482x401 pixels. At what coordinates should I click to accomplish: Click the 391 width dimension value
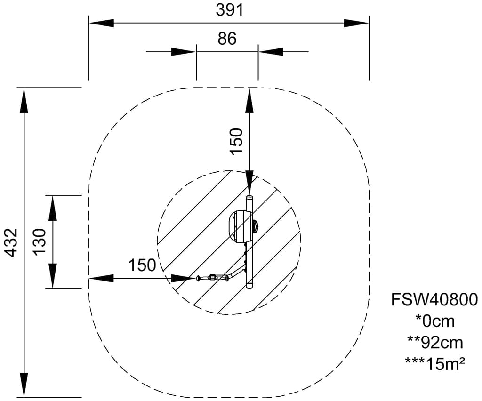coord(230,9)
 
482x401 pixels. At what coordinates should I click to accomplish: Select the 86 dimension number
coord(227,39)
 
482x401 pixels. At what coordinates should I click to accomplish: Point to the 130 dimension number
coord(40,241)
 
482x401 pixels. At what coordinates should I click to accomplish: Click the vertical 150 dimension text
coord(236,141)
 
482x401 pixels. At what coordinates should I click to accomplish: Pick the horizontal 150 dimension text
coord(142,265)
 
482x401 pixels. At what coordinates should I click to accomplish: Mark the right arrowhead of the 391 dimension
coord(357,23)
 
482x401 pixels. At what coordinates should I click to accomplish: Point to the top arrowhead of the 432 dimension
coord(23,100)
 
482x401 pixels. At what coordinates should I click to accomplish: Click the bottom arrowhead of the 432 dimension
coord(23,385)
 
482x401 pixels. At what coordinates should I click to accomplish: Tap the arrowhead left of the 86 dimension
coord(184,51)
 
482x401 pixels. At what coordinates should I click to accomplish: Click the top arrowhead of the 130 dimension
coord(52,207)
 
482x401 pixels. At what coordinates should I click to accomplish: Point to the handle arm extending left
coord(214,277)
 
